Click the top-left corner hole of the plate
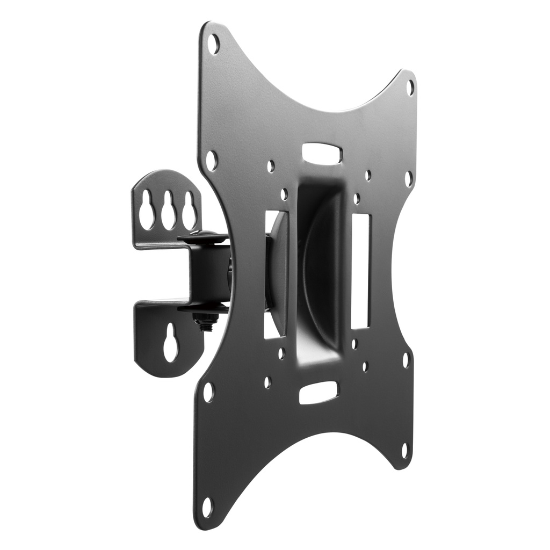pos(214,44)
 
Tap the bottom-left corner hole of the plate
pos(207,506)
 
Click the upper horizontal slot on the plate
pos(322,153)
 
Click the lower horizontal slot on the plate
pos(318,393)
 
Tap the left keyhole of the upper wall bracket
pos(146,209)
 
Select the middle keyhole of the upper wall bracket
pos(168,209)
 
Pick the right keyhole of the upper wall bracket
pos(189,209)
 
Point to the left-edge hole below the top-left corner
pos(211,160)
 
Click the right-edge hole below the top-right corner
pos(408,178)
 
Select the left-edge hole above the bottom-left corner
pos(208,392)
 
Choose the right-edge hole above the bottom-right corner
pos(406,359)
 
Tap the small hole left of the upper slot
pos(271,166)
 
